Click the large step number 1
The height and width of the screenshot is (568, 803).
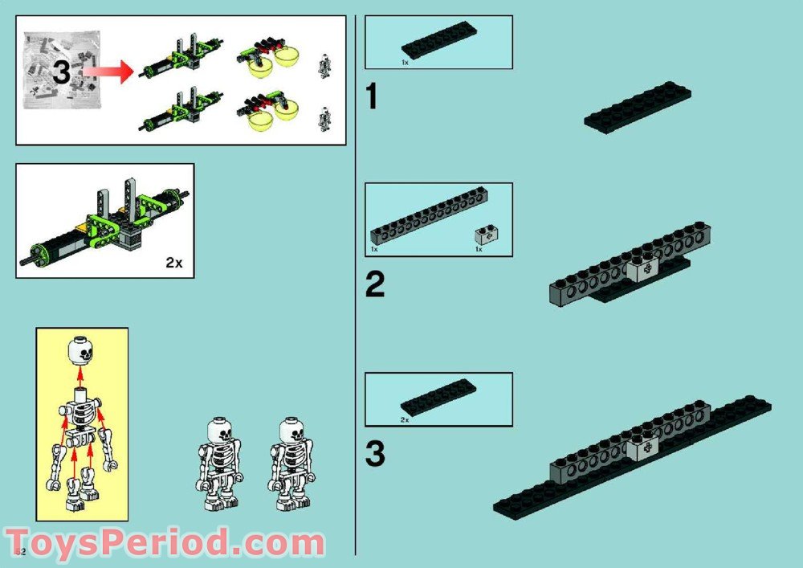[372, 97]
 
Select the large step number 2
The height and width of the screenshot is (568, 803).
[375, 285]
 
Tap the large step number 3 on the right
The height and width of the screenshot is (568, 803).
[375, 454]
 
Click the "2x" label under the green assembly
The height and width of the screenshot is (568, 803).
[174, 262]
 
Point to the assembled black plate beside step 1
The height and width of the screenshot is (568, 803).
[637, 107]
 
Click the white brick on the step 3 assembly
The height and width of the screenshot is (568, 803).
[644, 448]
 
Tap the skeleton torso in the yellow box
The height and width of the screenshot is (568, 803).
[81, 417]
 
